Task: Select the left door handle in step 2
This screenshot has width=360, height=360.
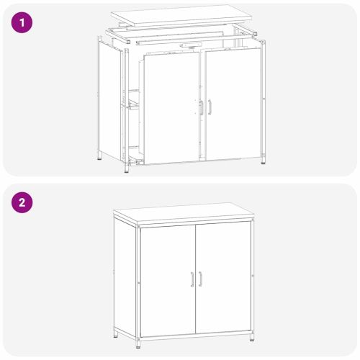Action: coord(192,279)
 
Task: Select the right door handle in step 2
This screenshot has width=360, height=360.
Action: coord(200,279)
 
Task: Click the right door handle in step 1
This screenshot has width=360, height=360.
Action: coord(210,106)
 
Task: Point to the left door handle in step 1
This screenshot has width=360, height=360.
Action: coord(200,107)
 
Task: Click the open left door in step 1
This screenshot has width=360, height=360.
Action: coord(169,108)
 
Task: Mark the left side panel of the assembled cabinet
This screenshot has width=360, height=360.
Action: coord(126,277)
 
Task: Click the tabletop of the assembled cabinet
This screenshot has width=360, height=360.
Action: coord(184,215)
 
